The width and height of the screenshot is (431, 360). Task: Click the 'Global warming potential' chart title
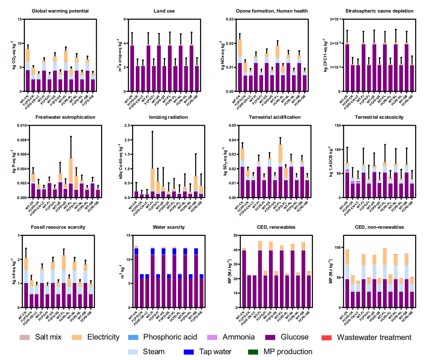point(60,10)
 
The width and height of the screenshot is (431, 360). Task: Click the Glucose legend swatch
point(274,337)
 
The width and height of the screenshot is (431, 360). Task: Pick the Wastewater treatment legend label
point(374,337)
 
